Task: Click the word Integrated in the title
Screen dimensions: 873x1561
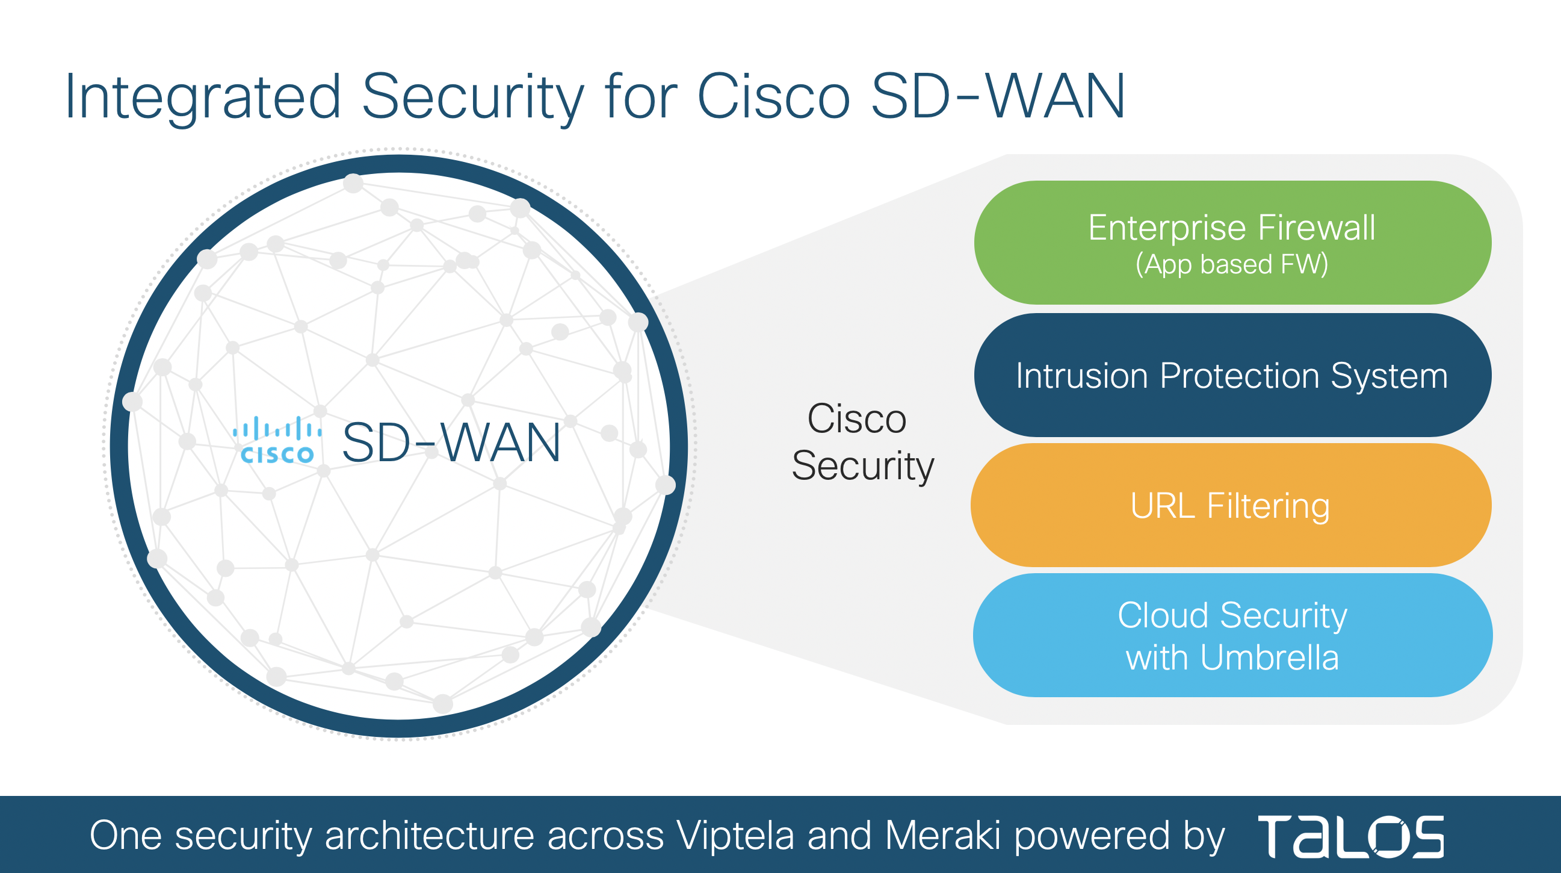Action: [202, 97]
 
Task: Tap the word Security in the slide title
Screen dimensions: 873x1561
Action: [472, 97]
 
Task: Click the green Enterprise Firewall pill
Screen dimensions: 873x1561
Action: [1232, 242]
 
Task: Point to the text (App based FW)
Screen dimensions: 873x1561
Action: [1232, 264]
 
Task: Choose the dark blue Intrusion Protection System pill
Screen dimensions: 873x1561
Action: [1232, 375]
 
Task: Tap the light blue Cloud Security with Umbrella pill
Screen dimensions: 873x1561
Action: [1232, 635]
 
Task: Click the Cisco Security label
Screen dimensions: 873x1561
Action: [862, 443]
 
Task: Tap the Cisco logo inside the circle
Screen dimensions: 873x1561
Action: [277, 441]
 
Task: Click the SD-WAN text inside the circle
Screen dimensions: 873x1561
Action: [451, 443]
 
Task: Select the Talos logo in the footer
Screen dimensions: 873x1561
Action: [1351, 837]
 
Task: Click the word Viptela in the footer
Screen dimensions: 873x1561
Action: [735, 836]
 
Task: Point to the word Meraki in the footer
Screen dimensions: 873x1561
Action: [943, 836]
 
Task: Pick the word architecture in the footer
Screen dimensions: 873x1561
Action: [430, 836]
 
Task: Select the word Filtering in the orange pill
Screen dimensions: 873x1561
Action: [1269, 506]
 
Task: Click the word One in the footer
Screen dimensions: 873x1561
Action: [125, 836]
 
